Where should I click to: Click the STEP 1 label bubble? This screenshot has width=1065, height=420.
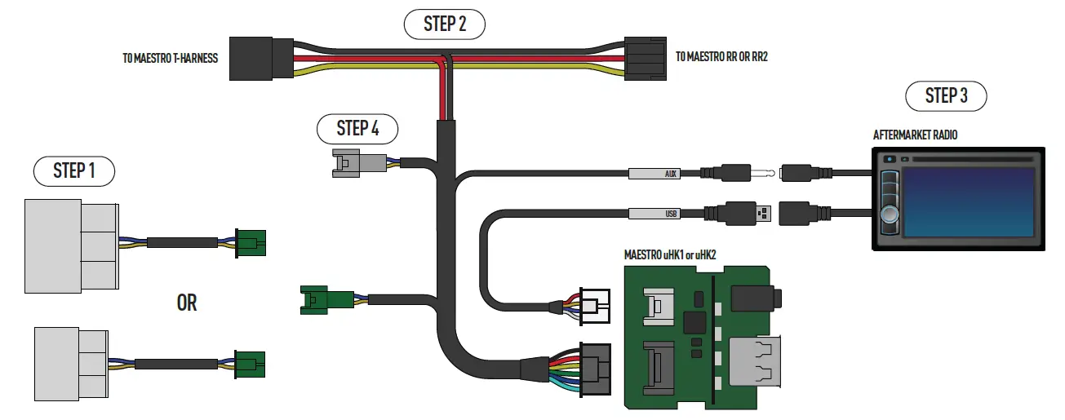[73, 170]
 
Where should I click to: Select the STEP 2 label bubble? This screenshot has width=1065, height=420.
[445, 24]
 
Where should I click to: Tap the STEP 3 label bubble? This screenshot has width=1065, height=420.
[946, 96]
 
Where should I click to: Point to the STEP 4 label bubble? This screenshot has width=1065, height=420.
[357, 128]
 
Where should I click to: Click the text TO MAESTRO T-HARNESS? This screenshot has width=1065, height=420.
[169, 59]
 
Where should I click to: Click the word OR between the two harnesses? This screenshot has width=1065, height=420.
[187, 303]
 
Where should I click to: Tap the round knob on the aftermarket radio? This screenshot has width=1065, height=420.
[889, 214]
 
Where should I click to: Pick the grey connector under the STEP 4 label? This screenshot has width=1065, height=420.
[359, 163]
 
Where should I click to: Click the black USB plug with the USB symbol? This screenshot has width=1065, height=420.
[743, 214]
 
